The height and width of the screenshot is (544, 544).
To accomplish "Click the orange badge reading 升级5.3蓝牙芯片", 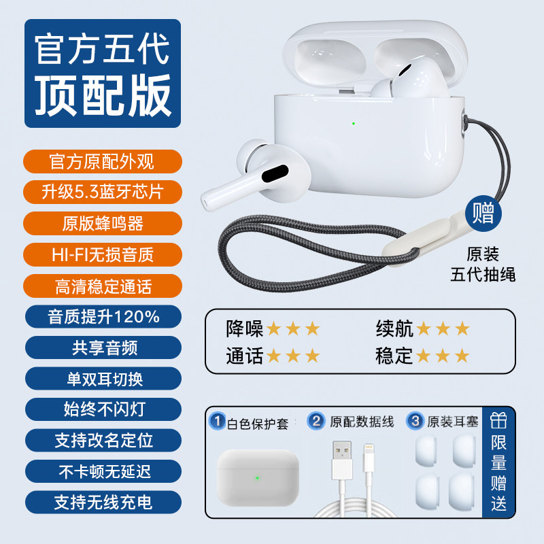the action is tap(103, 192).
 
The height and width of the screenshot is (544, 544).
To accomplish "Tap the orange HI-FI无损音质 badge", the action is tap(103, 254).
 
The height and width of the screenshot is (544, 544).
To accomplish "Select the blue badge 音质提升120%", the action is tap(103, 317).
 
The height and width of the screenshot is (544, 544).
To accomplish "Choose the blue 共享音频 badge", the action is tap(103, 347).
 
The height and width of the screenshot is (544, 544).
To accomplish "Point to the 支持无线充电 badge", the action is tap(103, 502).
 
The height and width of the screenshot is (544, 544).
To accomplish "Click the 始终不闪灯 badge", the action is tap(103, 409).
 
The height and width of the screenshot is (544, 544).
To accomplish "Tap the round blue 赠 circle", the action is tap(483, 213).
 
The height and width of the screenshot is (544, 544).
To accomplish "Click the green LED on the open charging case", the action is tap(354, 123).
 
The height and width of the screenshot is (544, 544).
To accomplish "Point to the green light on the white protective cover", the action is tap(258, 478).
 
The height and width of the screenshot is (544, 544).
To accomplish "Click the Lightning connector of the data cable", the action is tap(369, 458).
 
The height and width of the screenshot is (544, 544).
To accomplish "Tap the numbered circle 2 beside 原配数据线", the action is tap(316, 421).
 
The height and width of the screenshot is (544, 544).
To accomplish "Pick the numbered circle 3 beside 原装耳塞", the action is tap(415, 421).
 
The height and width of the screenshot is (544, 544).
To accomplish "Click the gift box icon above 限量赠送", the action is tap(498, 421).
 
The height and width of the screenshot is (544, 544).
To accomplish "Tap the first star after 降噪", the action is tap(274, 328).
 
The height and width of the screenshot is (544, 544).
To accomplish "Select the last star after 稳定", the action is tap(462, 356).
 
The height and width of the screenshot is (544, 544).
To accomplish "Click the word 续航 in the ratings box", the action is tap(394, 328).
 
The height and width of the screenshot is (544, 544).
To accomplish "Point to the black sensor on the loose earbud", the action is tap(275, 173).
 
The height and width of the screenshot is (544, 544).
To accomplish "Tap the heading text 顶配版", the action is tap(103, 95).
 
